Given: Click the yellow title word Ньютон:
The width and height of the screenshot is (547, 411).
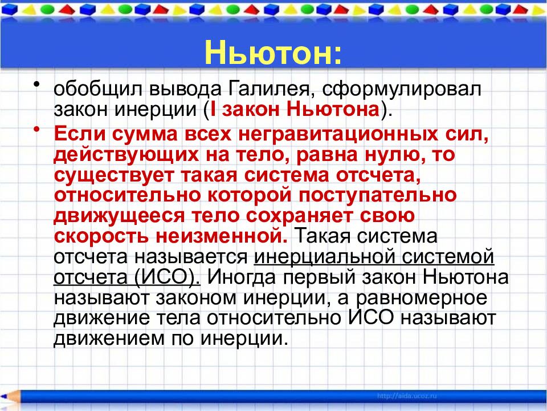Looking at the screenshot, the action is pos(273,53).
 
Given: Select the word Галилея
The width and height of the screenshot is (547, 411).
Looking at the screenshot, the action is pos(269,90).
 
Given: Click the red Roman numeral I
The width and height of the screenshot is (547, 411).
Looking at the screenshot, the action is pos(214,109).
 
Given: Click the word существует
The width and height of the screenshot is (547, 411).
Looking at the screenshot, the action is pos(113,175).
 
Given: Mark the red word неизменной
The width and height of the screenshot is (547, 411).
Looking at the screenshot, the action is pos(222,236).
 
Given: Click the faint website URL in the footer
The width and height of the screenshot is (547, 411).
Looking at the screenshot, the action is pos(407,396).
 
